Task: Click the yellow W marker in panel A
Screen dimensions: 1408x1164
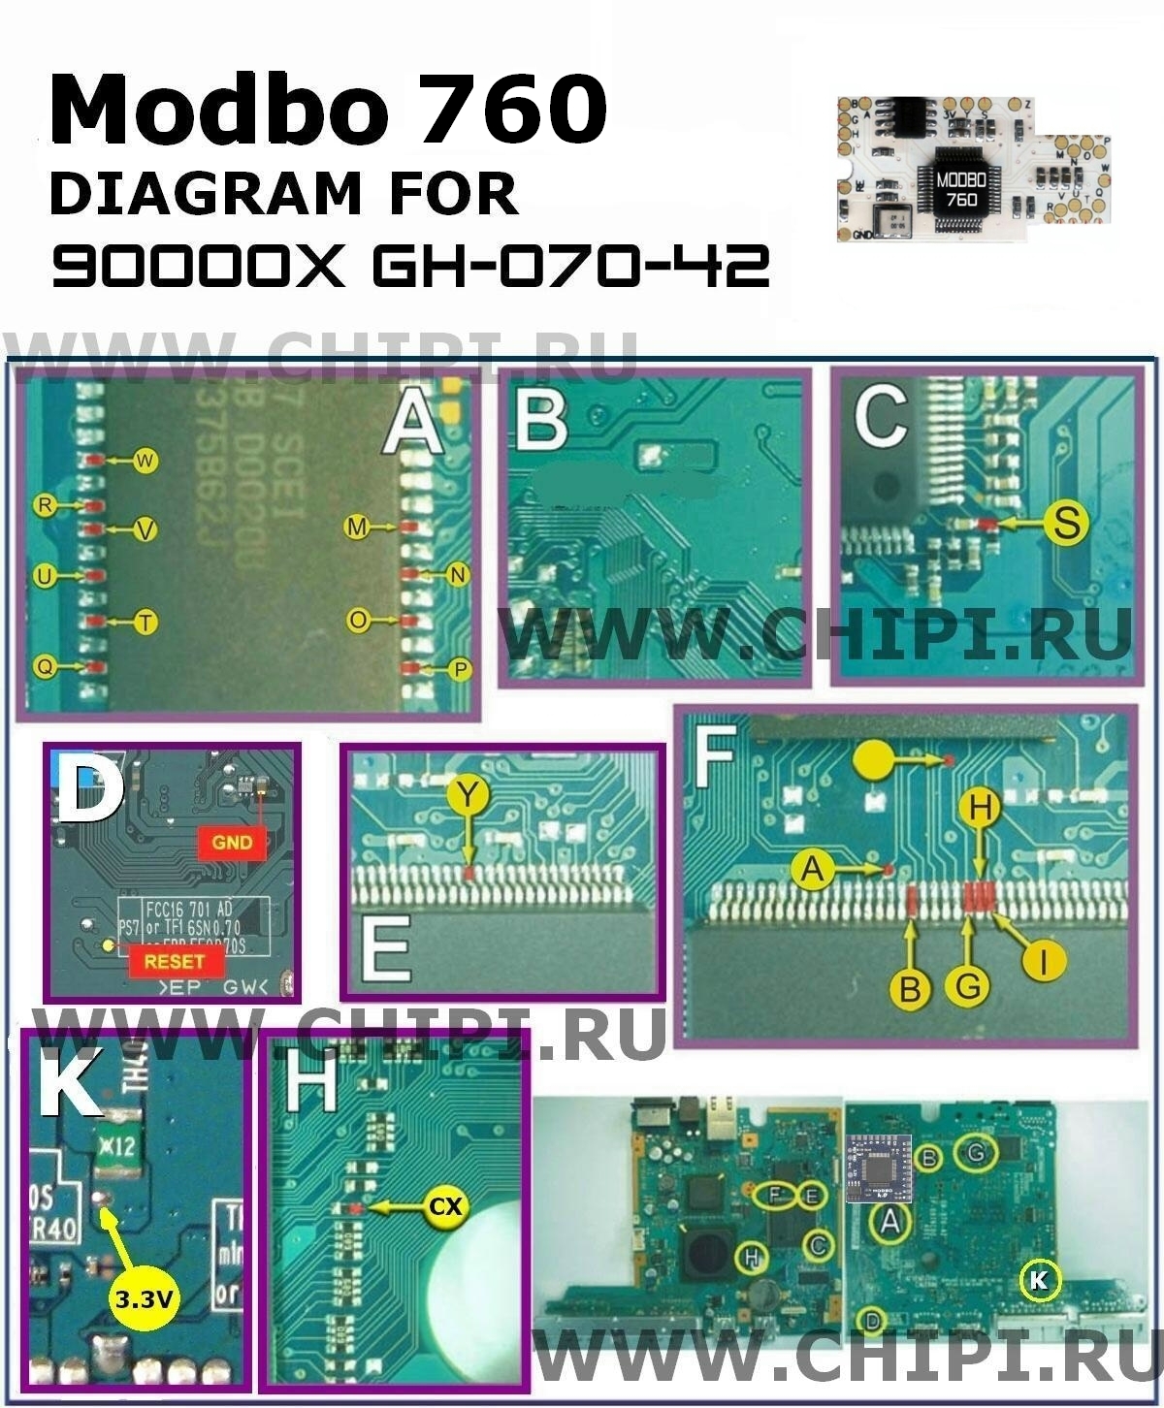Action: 145,461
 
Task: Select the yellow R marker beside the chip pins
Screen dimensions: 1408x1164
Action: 44,505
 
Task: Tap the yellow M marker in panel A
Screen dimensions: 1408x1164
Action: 357,527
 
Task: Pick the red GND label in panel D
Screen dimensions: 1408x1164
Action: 232,843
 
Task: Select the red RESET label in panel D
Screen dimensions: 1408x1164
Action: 175,961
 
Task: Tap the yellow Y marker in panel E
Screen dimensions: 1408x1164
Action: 469,796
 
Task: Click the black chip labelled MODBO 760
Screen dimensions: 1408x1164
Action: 960,188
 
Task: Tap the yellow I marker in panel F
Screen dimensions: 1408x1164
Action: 1045,960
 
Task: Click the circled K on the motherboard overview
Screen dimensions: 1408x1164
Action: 1039,1280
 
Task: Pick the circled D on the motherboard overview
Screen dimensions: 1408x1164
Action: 873,1319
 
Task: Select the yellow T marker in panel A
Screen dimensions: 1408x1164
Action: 145,622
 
